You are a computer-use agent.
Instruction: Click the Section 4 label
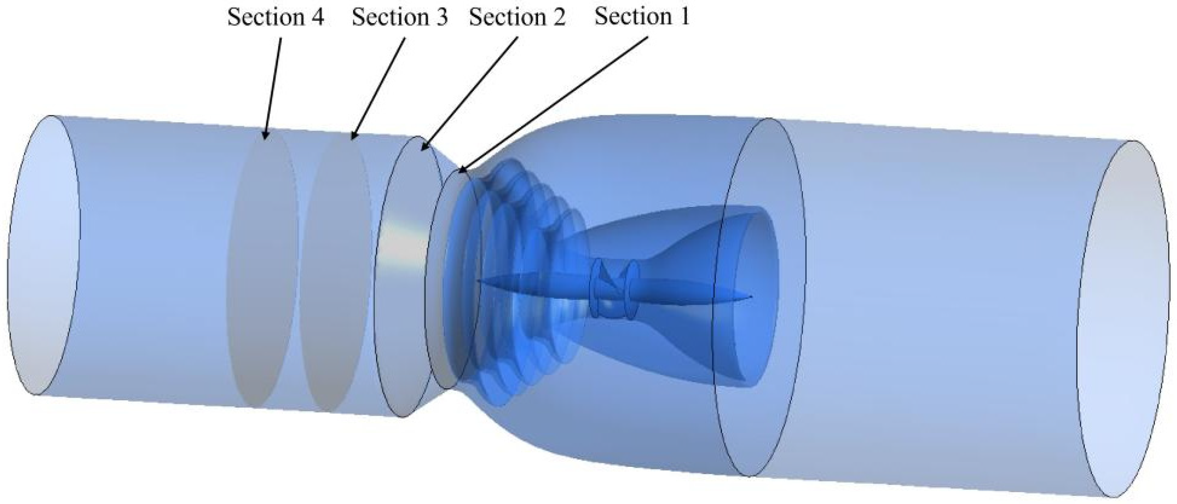pos(276,18)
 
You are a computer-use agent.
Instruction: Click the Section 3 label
pos(400,18)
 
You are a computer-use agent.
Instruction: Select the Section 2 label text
pos(517,18)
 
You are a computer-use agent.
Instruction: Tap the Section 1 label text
pos(642,17)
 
